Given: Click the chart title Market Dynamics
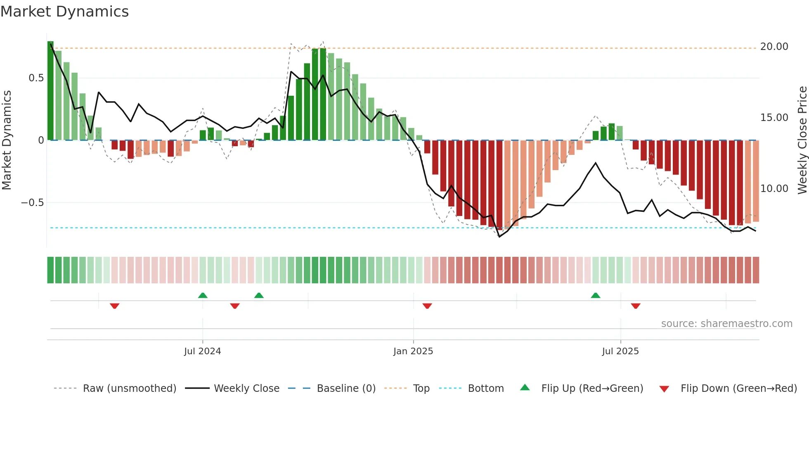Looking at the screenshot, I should point(64,12).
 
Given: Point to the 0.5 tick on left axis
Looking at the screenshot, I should point(36,78).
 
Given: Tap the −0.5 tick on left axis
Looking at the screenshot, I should point(32,203).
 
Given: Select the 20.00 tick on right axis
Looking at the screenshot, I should point(774,47).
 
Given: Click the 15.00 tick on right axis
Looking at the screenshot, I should point(774,118).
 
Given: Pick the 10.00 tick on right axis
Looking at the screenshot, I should point(774,189).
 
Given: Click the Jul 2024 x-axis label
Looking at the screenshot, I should point(202,351).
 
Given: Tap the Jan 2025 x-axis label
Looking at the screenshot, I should point(413,351).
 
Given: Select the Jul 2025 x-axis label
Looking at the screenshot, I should point(620,351).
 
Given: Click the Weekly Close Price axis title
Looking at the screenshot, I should point(802,140).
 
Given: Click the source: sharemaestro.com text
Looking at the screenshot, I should point(726,324).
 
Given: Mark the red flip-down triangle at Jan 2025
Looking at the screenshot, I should point(427,306).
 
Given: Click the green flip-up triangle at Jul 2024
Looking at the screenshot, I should point(203,295).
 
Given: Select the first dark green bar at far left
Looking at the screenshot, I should point(50,91).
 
